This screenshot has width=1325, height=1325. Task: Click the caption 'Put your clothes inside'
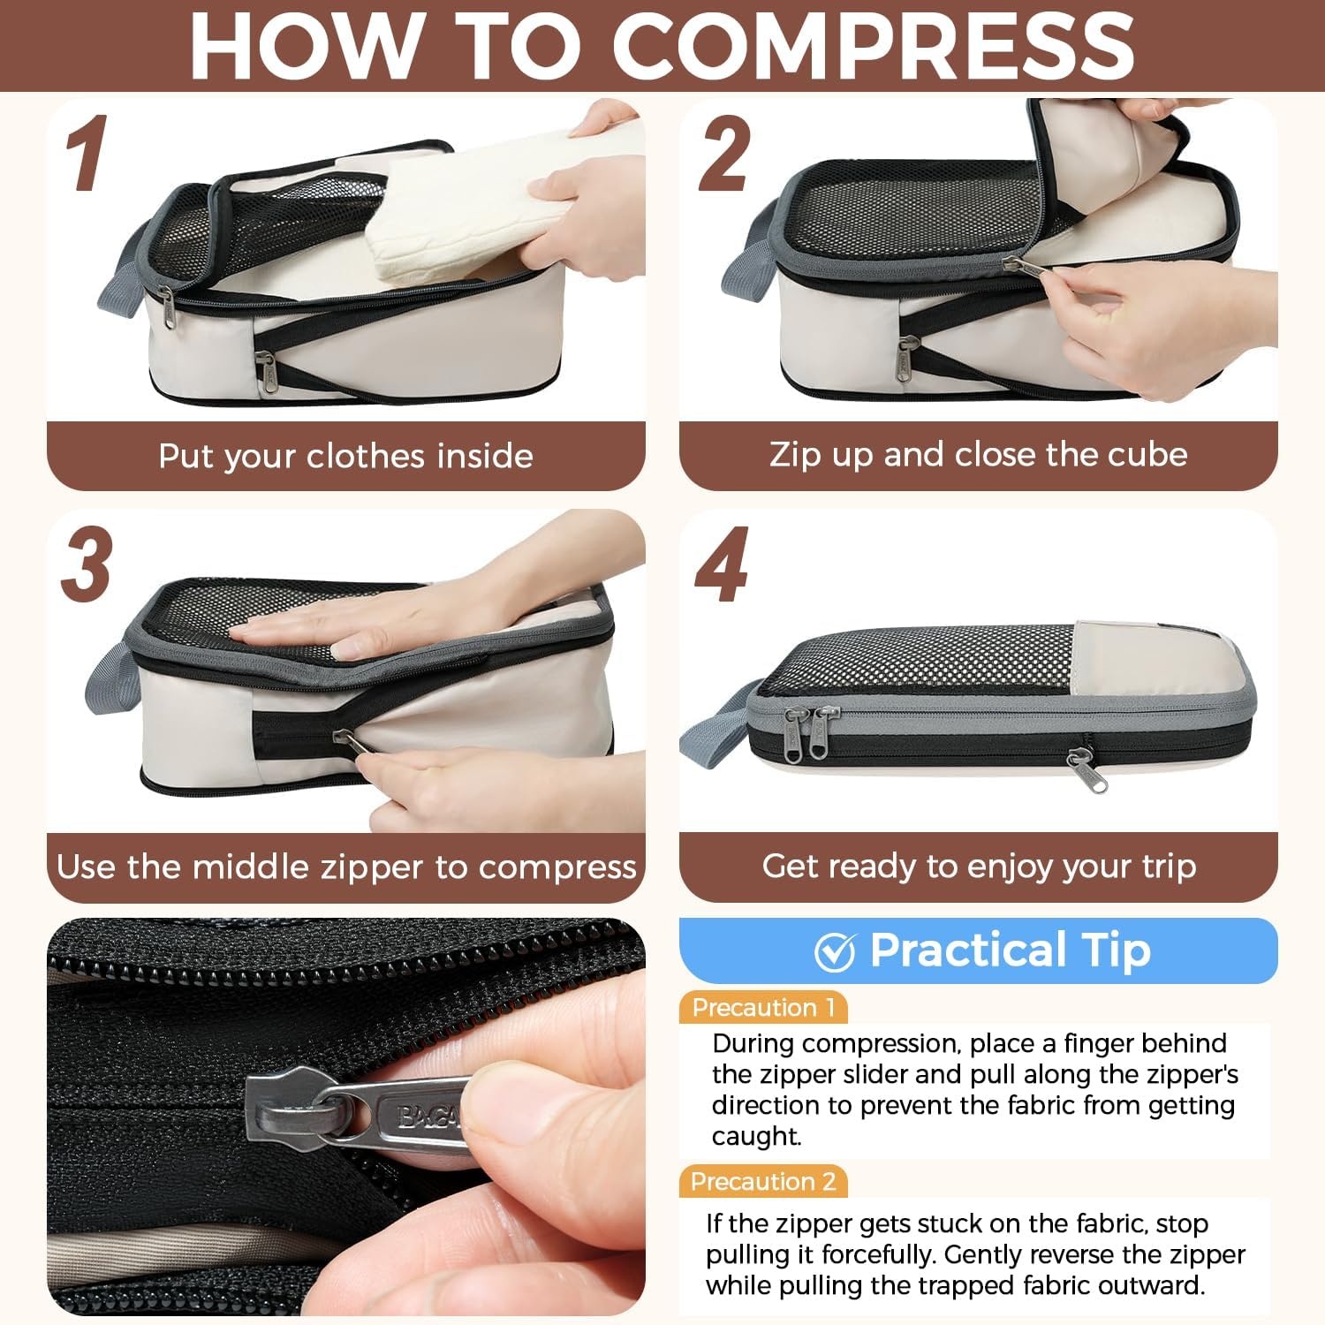pyautogui.click(x=345, y=456)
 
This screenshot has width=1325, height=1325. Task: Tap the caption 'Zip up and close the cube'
pyautogui.click(x=978, y=454)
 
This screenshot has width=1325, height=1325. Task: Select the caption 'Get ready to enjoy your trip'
pyautogui.click(x=979, y=866)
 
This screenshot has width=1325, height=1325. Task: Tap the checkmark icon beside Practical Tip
pyautogui.click(x=835, y=951)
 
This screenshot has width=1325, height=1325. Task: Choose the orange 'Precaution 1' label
pyautogui.click(x=763, y=1007)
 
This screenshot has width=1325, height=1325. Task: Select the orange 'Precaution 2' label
pyautogui.click(x=763, y=1181)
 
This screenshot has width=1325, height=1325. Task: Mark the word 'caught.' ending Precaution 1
pyautogui.click(x=756, y=1136)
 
